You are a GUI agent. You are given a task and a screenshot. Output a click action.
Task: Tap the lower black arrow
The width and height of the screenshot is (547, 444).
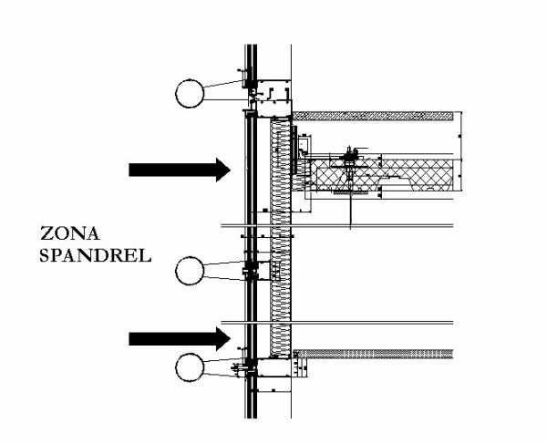tap(178, 339)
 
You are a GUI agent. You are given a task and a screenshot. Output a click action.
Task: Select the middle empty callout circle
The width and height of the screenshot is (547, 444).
tap(191, 270)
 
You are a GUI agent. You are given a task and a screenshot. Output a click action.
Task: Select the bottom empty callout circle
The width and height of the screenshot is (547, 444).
tap(191, 368)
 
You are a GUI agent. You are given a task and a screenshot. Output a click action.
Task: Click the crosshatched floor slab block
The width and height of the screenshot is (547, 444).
tap(401, 175)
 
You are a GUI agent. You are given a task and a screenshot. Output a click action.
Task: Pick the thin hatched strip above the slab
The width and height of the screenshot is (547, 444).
tap(374, 116)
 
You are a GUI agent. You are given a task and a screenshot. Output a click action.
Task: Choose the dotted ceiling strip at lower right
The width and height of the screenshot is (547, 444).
tap(378, 353)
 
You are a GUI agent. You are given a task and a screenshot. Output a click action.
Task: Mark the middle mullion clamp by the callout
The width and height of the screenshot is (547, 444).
tap(248, 270)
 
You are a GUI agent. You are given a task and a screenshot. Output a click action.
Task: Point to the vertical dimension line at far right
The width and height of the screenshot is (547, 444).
tap(462, 155)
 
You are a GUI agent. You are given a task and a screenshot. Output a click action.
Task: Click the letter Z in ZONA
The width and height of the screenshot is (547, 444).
tap(46, 232)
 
